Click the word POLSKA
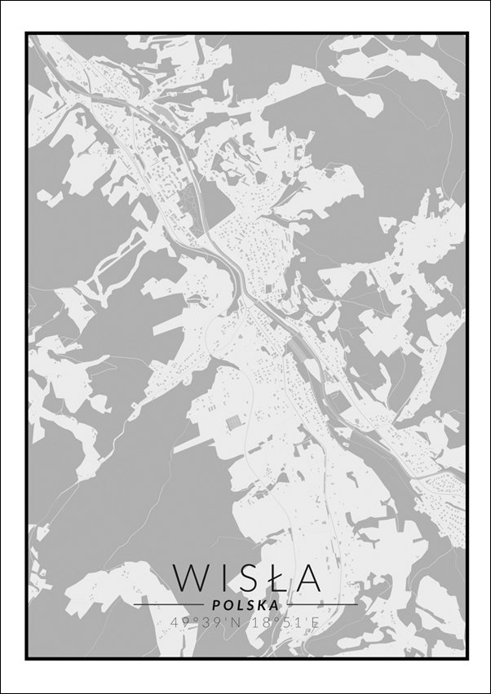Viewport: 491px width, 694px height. coord(245,605)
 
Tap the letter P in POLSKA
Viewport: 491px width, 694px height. coord(215,605)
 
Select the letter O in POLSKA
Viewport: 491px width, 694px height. coord(226,605)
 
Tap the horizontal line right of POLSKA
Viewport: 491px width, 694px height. coord(321,604)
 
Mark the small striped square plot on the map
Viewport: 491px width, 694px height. coord(233,422)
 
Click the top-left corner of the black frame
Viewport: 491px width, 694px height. coord(26,33)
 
